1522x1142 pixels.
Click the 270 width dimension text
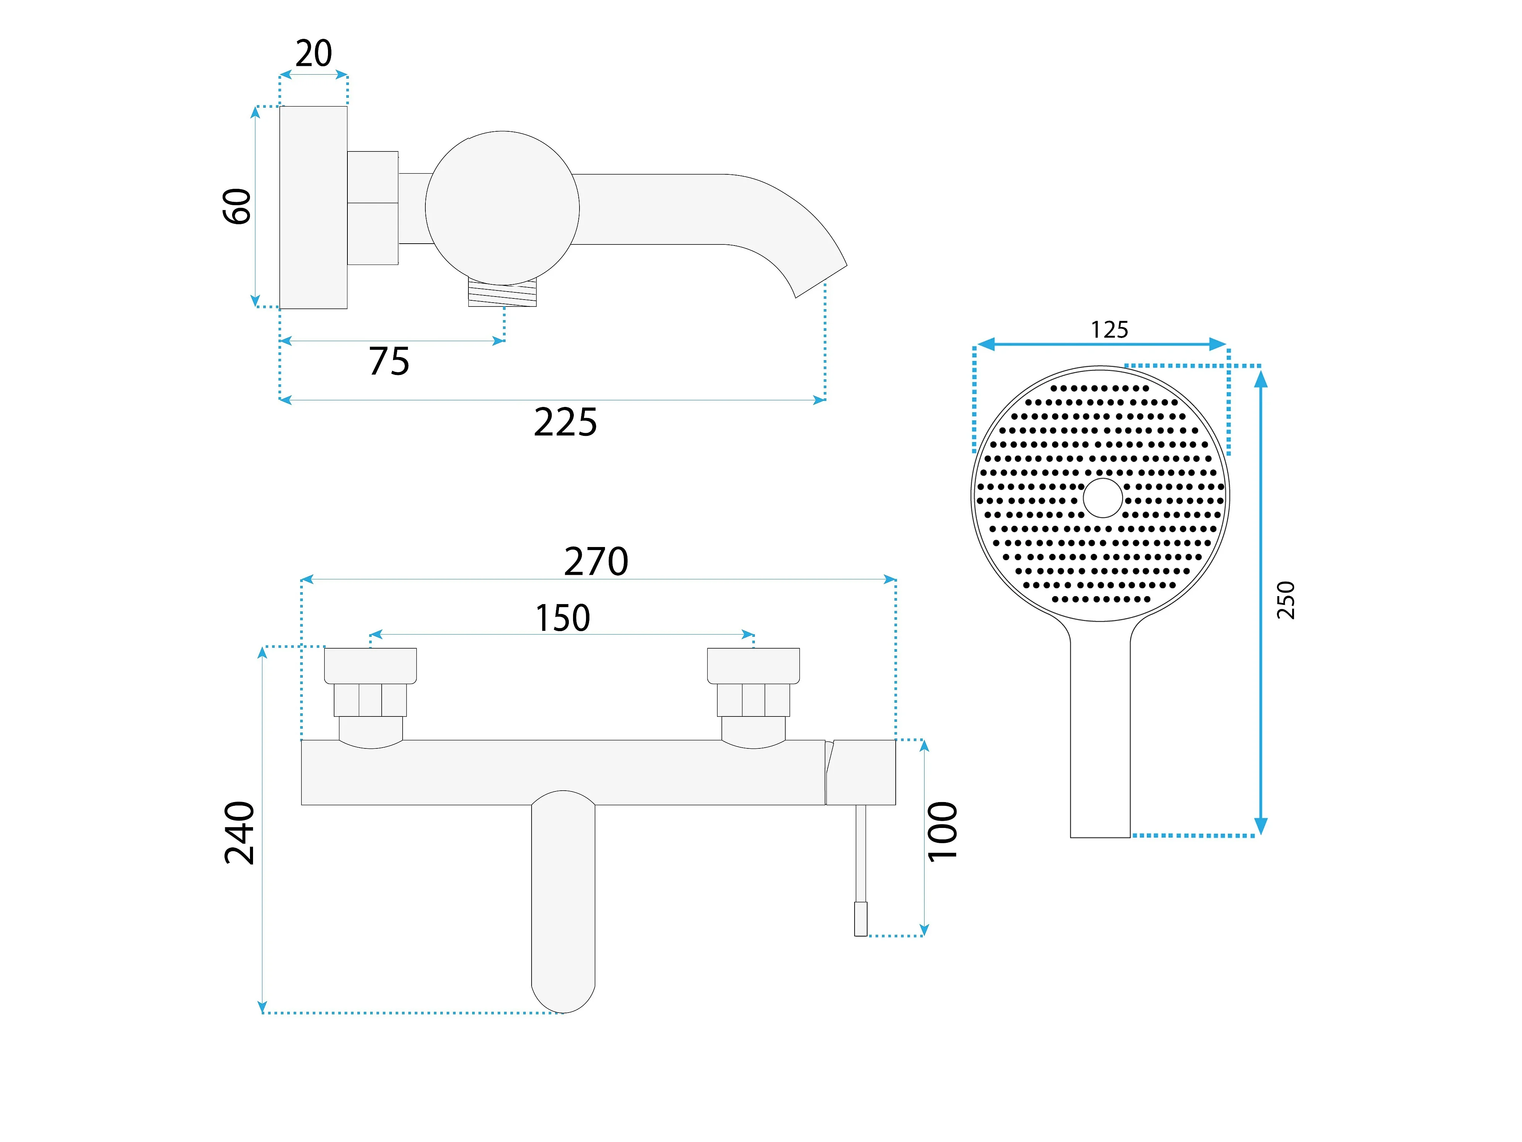596,562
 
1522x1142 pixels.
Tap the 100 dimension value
942,831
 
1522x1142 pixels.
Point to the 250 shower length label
1285,600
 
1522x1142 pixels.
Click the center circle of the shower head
1102,498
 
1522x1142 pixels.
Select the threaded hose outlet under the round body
502,293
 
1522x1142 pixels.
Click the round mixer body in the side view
502,208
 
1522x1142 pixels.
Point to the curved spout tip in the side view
821,281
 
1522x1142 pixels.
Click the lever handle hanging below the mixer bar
563,902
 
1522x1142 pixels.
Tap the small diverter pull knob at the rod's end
861,919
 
